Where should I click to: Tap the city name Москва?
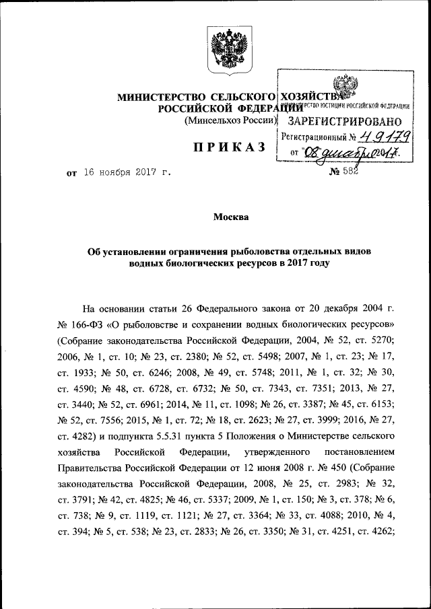coord(230,217)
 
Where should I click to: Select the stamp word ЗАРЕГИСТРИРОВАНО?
coord(345,121)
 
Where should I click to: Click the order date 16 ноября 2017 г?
coord(126,173)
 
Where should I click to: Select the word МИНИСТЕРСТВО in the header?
coord(160,97)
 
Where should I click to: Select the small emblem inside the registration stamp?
coord(346,87)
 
